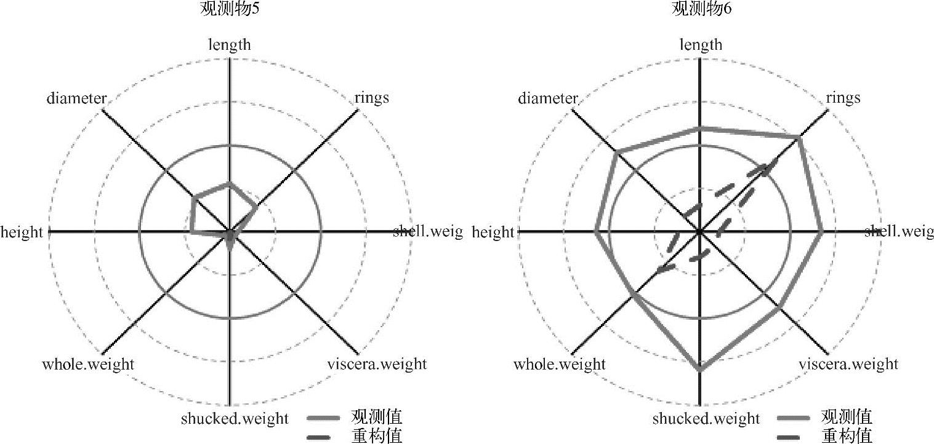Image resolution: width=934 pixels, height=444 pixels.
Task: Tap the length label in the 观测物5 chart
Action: [230, 44]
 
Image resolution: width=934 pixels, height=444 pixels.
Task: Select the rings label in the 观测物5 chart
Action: [372, 98]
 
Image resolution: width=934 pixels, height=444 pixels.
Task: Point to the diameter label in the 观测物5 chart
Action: [77, 98]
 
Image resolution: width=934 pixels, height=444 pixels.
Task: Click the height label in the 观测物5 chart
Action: [22, 232]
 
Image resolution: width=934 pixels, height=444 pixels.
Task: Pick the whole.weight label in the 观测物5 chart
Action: [88, 364]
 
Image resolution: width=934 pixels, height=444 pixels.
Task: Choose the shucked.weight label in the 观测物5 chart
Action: [235, 419]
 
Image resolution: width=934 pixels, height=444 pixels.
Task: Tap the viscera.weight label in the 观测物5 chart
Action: [377, 364]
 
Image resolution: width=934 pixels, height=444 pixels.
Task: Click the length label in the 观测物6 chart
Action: [701, 44]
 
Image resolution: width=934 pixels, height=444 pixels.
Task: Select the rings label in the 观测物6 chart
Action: [843, 98]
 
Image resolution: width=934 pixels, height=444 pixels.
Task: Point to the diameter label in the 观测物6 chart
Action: [548, 98]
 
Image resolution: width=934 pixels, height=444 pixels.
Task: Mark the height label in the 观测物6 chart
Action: [493, 232]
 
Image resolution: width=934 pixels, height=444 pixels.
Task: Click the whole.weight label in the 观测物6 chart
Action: [560, 364]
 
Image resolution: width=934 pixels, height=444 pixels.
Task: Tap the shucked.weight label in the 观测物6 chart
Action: [706, 419]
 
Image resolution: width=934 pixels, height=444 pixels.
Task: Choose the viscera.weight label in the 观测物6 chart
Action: [848, 364]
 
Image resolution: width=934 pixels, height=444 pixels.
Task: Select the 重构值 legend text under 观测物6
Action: [847, 436]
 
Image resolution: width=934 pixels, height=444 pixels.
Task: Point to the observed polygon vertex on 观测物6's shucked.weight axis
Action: [700, 370]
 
